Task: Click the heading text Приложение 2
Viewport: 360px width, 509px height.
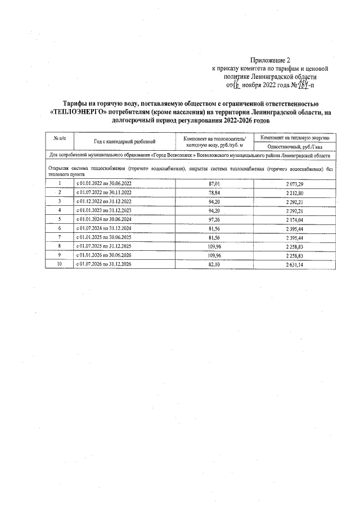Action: point(271,60)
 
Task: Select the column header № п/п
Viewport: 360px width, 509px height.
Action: point(60,138)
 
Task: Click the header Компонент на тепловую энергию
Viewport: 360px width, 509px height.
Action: point(295,137)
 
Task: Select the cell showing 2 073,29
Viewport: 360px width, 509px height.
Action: point(295,184)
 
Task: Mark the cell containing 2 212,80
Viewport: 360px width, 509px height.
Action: point(295,192)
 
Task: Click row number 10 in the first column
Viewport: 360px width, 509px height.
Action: point(60,264)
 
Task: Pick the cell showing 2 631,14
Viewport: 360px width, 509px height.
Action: point(295,264)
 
